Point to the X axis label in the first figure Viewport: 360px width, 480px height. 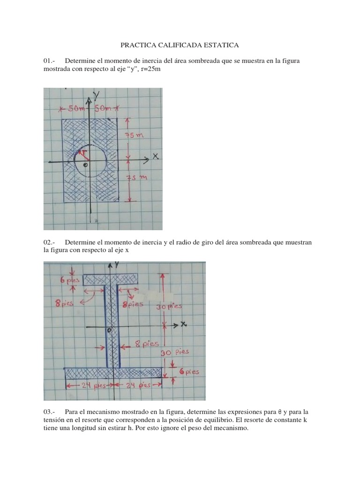155,158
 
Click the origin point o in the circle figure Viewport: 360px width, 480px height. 85,165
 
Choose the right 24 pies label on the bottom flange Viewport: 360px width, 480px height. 138,386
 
